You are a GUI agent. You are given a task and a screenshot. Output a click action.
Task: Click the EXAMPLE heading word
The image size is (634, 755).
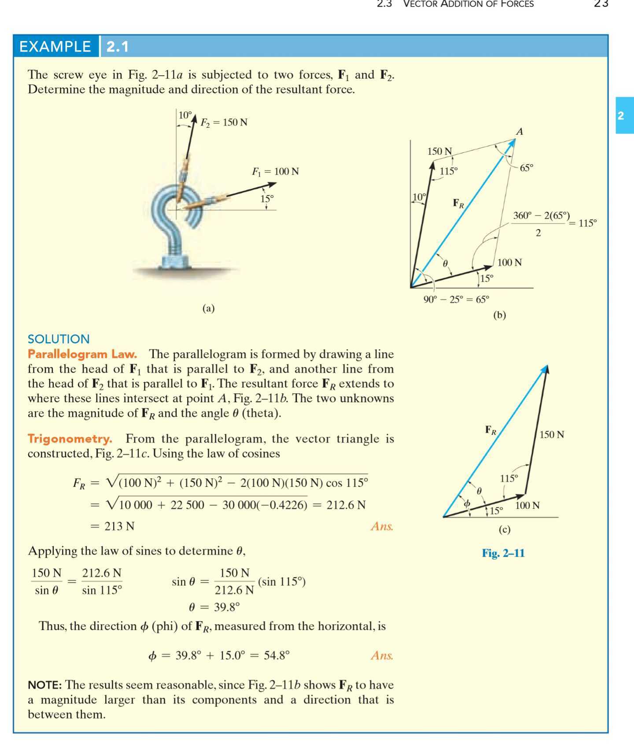click(55, 46)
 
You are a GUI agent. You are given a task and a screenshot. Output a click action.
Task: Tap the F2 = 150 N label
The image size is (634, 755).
click(224, 122)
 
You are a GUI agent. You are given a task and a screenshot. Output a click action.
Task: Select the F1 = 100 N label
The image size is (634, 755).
click(275, 171)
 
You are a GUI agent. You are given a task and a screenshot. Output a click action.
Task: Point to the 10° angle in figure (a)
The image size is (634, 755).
click(185, 115)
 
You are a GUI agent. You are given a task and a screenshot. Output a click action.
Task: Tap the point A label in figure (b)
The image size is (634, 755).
click(520, 131)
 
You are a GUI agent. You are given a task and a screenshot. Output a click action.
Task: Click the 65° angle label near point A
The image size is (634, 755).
click(526, 168)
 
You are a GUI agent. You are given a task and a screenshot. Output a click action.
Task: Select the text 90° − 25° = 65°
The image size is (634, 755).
click(456, 300)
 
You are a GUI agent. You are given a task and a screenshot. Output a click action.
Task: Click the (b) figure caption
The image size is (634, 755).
click(500, 315)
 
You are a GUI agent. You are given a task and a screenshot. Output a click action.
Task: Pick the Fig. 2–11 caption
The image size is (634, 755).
click(503, 553)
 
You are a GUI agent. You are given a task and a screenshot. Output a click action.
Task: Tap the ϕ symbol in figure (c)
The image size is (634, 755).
click(467, 503)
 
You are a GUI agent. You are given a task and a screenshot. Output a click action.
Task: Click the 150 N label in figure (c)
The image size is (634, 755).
click(552, 435)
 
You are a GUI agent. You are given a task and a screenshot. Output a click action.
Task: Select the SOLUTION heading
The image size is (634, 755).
click(59, 339)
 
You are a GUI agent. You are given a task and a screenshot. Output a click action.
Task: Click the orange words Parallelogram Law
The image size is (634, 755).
click(82, 354)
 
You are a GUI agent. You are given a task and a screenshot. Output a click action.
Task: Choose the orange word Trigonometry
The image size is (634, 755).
click(70, 438)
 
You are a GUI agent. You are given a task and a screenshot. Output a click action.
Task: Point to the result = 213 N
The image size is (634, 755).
click(113, 526)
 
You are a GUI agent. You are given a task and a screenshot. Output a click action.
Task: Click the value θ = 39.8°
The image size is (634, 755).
click(214, 607)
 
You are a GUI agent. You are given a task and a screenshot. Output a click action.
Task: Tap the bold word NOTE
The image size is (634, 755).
click(44, 685)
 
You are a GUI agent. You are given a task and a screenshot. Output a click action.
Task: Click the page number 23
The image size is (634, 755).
click(601, 4)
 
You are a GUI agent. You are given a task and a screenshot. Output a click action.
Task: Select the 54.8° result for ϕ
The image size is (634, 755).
click(276, 655)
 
